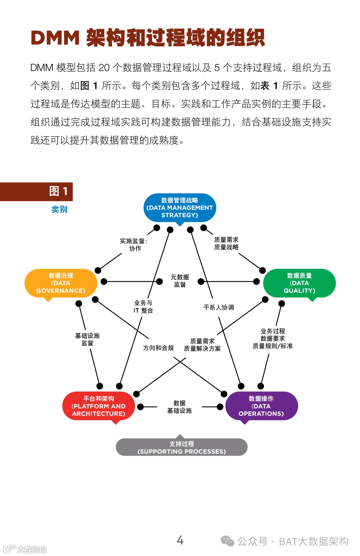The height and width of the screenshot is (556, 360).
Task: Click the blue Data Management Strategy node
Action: [x=180, y=208]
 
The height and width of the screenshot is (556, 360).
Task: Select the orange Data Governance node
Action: [x=61, y=283]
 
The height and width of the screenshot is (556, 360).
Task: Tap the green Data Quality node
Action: [x=299, y=283]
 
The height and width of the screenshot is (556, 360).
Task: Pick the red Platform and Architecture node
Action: [x=99, y=406]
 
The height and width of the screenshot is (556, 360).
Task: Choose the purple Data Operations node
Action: [x=261, y=406]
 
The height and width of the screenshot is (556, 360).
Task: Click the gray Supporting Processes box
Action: [x=181, y=447]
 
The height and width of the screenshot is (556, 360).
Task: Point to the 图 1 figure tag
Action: [x=58, y=191]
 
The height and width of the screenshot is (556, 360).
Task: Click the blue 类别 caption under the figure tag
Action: [x=59, y=209]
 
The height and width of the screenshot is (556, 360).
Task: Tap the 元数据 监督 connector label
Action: [x=180, y=281]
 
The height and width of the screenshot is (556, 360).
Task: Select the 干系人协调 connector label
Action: [x=219, y=307]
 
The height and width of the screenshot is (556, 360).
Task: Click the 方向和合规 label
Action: [x=158, y=348]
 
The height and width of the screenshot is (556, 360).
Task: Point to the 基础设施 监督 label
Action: [x=87, y=339]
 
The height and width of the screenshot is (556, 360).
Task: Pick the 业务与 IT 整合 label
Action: [x=143, y=306]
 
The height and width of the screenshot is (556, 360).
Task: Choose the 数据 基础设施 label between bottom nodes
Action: [x=179, y=407]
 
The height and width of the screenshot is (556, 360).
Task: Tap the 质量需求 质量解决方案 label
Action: [x=202, y=345]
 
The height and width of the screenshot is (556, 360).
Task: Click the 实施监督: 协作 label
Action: [x=134, y=245]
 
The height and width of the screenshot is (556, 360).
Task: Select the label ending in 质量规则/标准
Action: [x=273, y=338]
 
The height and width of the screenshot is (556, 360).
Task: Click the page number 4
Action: [x=180, y=540]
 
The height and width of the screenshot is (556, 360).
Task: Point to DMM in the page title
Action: [x=55, y=38]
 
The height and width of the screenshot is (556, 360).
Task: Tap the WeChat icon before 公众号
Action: [x=228, y=541]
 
